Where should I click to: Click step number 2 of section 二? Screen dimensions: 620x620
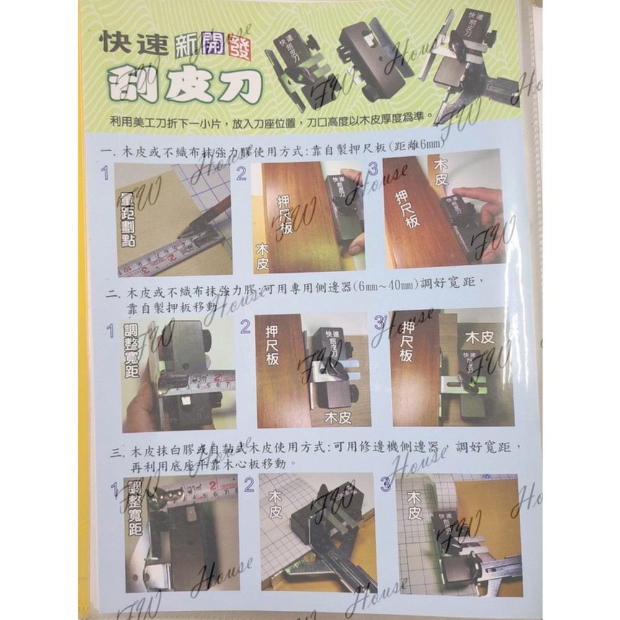coord(246,325)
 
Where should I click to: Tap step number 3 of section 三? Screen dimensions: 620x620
coord(386,485)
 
